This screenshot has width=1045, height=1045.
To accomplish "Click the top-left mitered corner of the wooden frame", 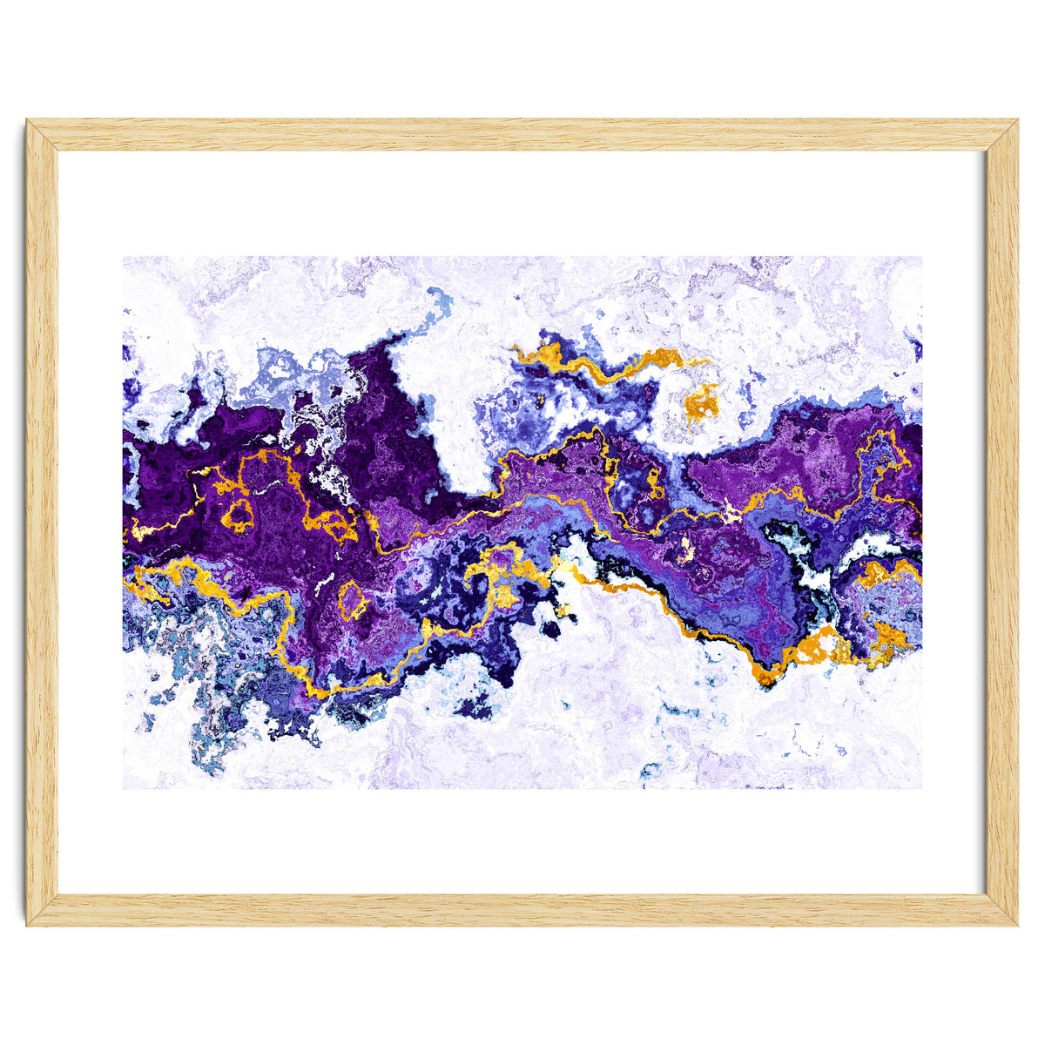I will pos(42,135).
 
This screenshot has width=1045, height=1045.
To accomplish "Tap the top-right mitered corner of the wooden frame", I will pos(1001,135).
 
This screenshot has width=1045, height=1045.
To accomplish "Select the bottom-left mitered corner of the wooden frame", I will pos(42,909).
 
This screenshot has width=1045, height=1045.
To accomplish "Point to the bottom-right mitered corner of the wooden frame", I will pos(1001,909).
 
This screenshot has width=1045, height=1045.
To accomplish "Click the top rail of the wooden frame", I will pos(522,135).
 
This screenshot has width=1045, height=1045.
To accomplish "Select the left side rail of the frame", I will pos(42,522).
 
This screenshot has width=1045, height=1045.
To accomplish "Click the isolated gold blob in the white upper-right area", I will pos(702,402).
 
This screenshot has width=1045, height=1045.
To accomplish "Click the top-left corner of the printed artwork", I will pos(124,257).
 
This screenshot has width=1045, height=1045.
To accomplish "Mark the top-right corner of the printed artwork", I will pos(920,257).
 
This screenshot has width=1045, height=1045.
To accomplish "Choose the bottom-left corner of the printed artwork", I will pos(124,788).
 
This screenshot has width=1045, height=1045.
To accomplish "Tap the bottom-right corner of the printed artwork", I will pos(920,788).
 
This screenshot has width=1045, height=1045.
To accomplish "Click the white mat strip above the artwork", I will pos(522,205).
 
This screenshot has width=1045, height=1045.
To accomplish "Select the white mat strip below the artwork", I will pos(522,840).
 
